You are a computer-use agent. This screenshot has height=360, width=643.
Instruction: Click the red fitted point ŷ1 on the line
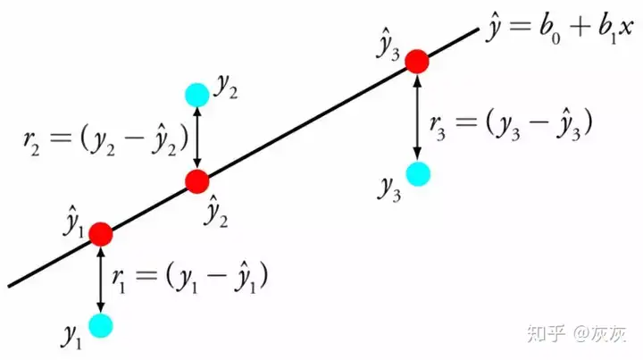pos(100,235)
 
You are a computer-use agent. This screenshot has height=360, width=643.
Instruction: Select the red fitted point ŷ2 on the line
pos(196,181)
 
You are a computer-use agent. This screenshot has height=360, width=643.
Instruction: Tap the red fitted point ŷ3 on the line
pos(417,61)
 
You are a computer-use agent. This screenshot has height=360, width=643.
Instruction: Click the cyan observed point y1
pos(100,324)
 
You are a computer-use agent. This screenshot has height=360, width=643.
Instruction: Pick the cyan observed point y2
pos(196,93)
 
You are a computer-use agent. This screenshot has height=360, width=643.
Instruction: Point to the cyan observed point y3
pos(417,173)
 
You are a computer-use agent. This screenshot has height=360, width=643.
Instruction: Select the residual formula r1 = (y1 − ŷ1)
pos(190,278)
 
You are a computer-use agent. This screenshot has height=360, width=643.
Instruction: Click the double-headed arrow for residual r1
pos(100,280)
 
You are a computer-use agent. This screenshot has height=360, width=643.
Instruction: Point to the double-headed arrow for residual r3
pos(417,117)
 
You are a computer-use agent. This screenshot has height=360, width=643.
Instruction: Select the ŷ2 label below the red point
pos(215,211)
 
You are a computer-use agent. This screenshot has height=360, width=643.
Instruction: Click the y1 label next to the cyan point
pos(71,335)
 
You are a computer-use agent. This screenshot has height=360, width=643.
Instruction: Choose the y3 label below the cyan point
pos(388,188)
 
